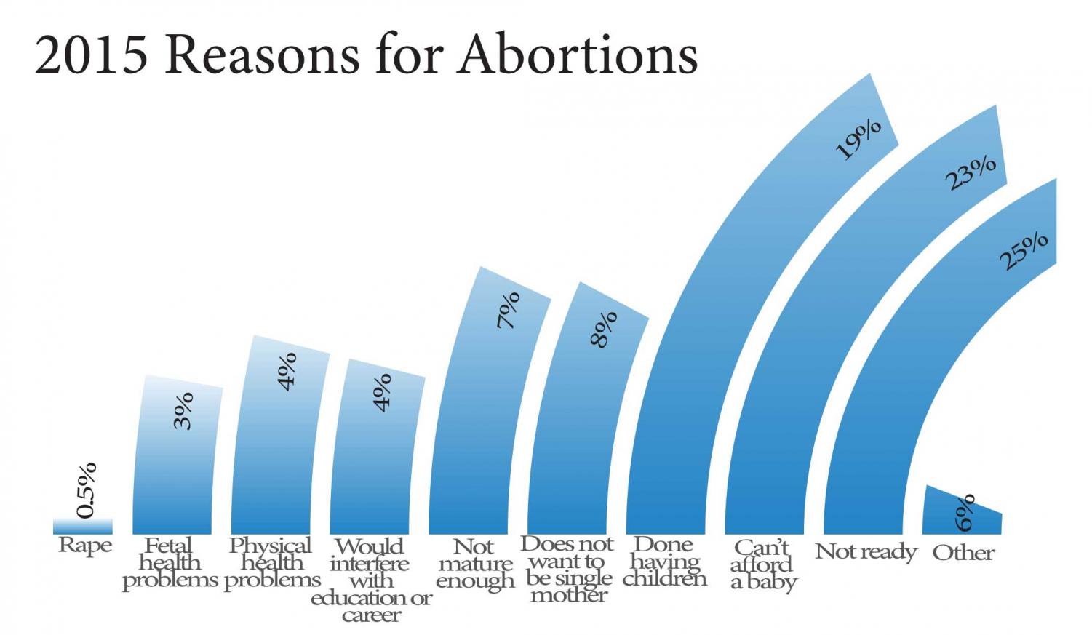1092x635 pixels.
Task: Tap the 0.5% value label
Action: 87,490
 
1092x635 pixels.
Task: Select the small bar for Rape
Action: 83,527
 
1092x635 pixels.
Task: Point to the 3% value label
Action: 183,410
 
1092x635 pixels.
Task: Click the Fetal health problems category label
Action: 170,563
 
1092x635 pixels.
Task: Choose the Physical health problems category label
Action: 271,563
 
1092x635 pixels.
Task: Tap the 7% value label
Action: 508,310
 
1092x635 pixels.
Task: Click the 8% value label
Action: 604,330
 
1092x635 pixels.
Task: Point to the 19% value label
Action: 858,140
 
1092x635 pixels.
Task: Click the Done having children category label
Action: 664,562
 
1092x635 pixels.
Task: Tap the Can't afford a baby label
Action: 762,565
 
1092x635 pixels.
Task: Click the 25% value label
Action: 1023,251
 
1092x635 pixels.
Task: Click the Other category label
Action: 963,553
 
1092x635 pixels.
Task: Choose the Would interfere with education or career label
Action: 371,580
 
